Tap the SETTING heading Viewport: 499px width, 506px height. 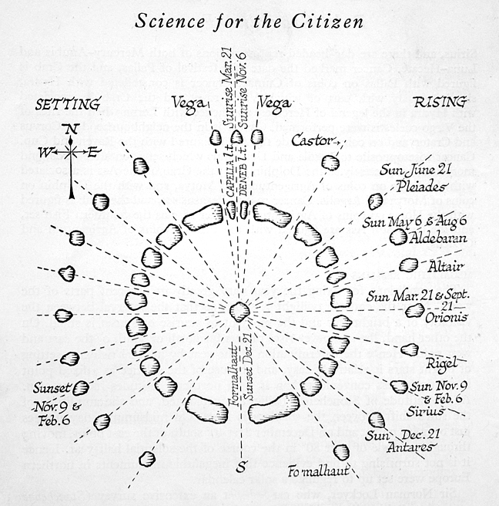(68, 103)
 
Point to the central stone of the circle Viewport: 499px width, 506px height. (239, 312)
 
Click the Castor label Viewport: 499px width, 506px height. (311, 140)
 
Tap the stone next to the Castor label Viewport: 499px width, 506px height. (330, 162)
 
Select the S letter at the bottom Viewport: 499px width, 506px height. (240, 467)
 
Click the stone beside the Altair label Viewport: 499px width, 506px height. (409, 265)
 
